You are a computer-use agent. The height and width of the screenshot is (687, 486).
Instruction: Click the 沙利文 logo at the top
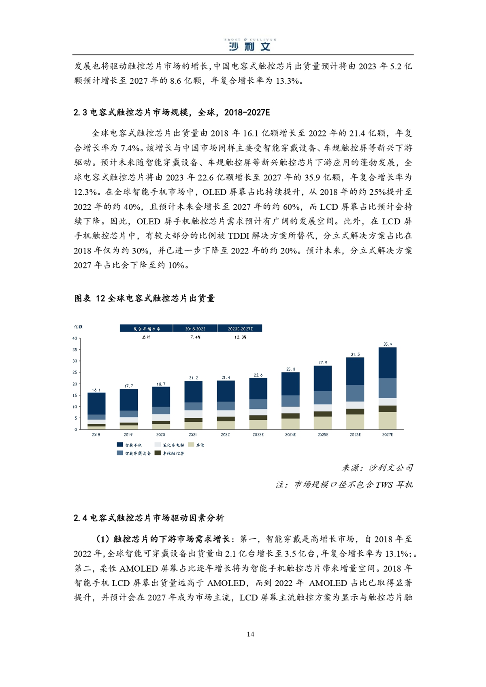pos(250,45)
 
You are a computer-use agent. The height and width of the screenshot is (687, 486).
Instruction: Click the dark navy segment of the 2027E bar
pos(387,363)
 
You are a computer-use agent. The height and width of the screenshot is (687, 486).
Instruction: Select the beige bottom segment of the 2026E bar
pos(355,421)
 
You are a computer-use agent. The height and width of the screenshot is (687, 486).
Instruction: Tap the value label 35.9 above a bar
pos(388,344)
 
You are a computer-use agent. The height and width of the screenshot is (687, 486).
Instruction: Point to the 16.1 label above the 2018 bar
pos(96,390)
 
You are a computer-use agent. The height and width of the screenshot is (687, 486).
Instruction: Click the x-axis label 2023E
pos(258,434)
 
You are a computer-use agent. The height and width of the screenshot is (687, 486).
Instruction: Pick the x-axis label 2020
pos(161,434)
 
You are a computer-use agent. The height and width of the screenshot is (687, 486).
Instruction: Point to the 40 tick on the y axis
pos(75,338)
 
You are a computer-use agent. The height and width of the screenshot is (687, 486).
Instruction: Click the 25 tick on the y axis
pos(75,372)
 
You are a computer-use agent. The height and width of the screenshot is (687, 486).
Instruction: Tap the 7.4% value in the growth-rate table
pos(195,337)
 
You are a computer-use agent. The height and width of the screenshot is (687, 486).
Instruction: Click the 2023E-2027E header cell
pos(240,329)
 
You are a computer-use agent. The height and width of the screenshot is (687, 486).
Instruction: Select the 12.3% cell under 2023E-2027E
pos(240,337)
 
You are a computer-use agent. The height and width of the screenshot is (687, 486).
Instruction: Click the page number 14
pos(250,634)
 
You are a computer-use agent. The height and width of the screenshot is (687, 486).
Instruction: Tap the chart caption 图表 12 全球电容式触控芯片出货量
pos(145,298)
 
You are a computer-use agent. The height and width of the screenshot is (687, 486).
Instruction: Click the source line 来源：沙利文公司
pos(377,468)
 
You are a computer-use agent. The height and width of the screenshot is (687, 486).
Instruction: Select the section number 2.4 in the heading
pos(80,518)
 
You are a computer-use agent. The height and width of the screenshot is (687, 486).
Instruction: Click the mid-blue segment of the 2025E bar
pos(322,397)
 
